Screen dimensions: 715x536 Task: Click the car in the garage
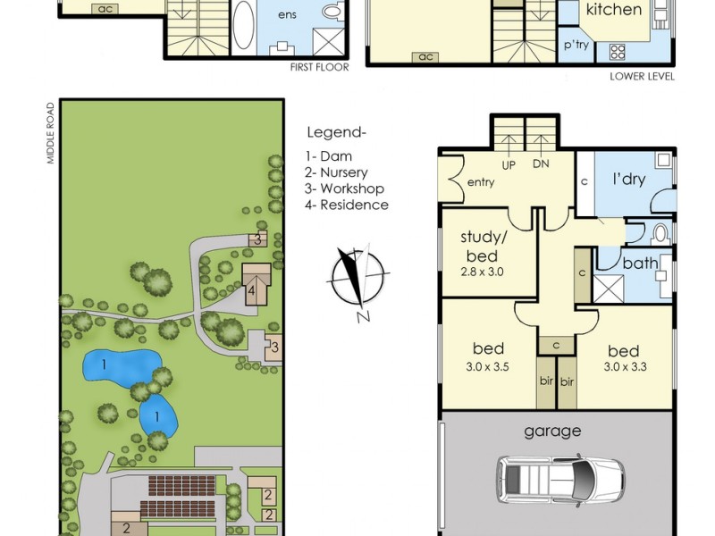click(560, 480)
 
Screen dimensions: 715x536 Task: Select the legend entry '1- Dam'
click(329, 156)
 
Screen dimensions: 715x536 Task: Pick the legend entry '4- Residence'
click(347, 205)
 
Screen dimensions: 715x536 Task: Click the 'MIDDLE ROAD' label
click(51, 133)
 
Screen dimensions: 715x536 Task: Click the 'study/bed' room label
click(481, 247)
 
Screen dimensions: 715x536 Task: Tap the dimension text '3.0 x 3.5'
click(487, 367)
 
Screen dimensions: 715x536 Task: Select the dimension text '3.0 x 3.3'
click(625, 367)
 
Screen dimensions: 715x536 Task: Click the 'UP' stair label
click(509, 165)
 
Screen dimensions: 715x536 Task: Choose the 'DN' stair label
click(541, 164)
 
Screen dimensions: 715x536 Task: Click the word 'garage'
click(552, 431)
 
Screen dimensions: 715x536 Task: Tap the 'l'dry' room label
click(629, 179)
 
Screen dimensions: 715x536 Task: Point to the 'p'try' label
click(576, 46)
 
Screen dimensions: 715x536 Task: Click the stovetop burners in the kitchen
click(617, 52)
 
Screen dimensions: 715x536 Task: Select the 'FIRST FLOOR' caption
click(319, 68)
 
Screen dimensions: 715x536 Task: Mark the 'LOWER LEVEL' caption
click(642, 77)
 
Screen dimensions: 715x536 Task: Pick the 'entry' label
click(481, 183)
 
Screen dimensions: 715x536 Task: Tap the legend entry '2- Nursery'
click(336, 172)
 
